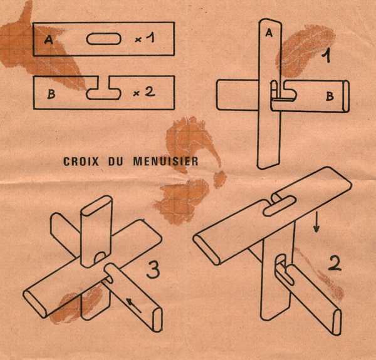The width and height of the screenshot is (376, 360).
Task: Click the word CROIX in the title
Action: [x=81, y=161]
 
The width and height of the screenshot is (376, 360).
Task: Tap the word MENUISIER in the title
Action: [x=165, y=161]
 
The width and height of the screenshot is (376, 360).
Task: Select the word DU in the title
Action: [x=115, y=161]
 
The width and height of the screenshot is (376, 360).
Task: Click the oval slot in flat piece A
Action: [x=103, y=39]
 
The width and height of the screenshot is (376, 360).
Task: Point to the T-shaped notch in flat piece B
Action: [x=103, y=89]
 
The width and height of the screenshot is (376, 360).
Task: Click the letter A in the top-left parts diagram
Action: [x=49, y=39]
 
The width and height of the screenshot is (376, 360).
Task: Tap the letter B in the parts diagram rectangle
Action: [x=51, y=94]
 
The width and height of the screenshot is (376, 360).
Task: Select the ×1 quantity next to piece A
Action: [x=145, y=38]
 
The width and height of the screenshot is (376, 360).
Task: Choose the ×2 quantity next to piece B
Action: [x=144, y=92]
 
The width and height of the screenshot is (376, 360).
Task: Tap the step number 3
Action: [x=153, y=269]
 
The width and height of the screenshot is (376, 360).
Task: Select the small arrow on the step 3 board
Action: [x=133, y=306]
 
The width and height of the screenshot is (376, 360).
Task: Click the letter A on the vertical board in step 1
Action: [x=269, y=33]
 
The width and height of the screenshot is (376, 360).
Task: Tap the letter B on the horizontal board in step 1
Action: [x=330, y=96]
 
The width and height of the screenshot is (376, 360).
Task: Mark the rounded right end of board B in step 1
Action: [x=347, y=96]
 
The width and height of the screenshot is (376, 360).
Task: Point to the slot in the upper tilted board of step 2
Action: [x=279, y=206]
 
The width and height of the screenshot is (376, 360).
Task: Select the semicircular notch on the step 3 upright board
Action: [x=100, y=257]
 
